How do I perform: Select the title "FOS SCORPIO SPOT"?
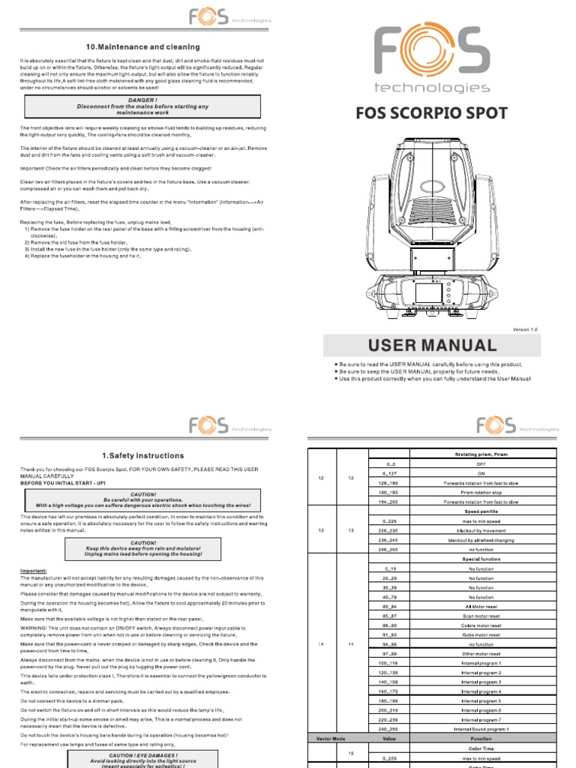pyautogui.click(x=431, y=114)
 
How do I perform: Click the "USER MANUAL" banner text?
pyautogui.click(x=431, y=346)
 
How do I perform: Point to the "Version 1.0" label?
pyautogui.click(x=525, y=329)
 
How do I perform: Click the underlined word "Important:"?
pyautogui.click(x=34, y=571)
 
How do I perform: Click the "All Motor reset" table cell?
pyautogui.click(x=481, y=605)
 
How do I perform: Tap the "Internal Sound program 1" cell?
pyautogui.click(x=481, y=728)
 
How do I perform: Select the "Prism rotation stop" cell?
pyautogui.click(x=481, y=493)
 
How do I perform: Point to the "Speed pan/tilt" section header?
pyautogui.click(x=481, y=511)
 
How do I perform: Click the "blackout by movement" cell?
pyautogui.click(x=481, y=530)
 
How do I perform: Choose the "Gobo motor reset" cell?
pyautogui.click(x=481, y=634)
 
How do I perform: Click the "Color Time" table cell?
pyautogui.click(x=481, y=748)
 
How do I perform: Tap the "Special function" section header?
pyautogui.click(x=481, y=559)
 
